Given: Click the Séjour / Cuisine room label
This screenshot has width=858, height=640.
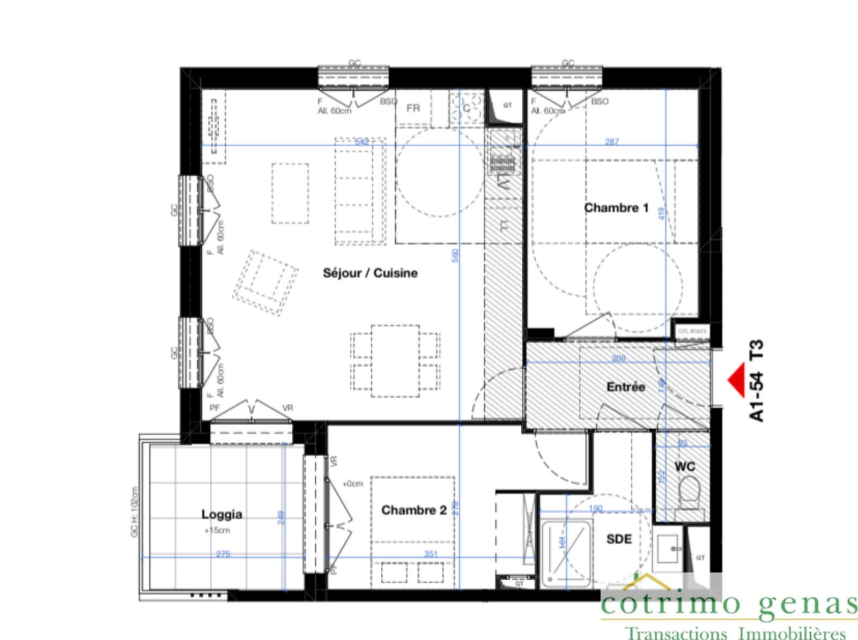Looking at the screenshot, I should click(370, 273).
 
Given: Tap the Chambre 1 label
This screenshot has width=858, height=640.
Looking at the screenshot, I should click(616, 208).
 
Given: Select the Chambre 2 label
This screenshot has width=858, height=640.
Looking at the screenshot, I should click(413, 510).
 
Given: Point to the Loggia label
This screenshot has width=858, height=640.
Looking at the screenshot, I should click(221, 515).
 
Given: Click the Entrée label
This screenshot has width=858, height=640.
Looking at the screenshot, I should click(626, 387).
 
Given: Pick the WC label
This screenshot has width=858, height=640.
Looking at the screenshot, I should click(685, 467).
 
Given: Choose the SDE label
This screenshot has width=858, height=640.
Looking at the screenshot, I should click(619, 539).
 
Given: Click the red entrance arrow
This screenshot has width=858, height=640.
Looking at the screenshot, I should click(737, 380).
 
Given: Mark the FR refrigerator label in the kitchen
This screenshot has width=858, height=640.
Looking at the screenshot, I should click(413, 108).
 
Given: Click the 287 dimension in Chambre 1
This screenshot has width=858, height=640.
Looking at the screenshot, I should click(612, 142).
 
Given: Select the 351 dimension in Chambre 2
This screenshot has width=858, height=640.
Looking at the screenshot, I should click(431, 554).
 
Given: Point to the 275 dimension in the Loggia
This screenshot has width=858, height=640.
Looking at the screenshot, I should click(223, 554).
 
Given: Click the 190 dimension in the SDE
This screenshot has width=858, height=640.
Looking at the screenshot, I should click(595, 509).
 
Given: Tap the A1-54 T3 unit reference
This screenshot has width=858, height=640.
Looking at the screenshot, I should click(756, 381).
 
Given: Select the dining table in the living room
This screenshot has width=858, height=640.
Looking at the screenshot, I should click(395, 361).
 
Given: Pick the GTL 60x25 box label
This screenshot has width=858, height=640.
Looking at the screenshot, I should click(692, 331).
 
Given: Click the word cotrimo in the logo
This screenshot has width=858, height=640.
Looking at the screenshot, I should click(670, 604).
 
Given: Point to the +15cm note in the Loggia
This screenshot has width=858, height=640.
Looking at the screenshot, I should click(217, 531).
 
